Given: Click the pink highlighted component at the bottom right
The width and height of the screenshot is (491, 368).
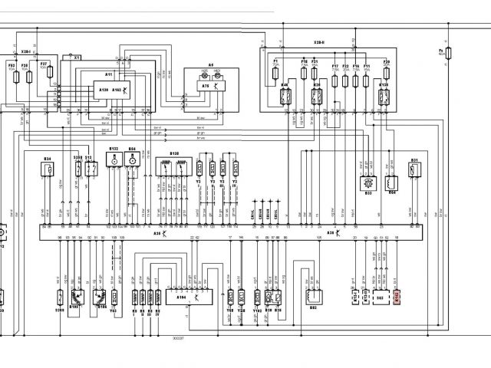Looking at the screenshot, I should [397, 296].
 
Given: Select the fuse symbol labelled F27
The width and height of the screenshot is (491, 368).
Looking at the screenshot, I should [50, 73].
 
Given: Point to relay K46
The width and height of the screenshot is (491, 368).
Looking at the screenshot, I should [286, 97].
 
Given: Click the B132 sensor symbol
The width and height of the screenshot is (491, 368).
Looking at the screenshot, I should [114, 160].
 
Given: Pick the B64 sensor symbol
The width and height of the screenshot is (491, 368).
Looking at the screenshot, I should [132, 160].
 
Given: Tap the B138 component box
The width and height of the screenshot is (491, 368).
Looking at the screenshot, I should [173, 168].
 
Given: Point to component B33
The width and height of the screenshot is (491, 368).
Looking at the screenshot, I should [367, 185].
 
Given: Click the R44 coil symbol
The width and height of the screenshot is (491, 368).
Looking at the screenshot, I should [392, 185].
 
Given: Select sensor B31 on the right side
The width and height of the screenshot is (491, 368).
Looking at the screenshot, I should [414, 169].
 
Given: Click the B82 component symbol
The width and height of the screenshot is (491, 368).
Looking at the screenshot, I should [314, 295].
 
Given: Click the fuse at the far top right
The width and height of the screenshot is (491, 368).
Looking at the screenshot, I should [450, 53].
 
